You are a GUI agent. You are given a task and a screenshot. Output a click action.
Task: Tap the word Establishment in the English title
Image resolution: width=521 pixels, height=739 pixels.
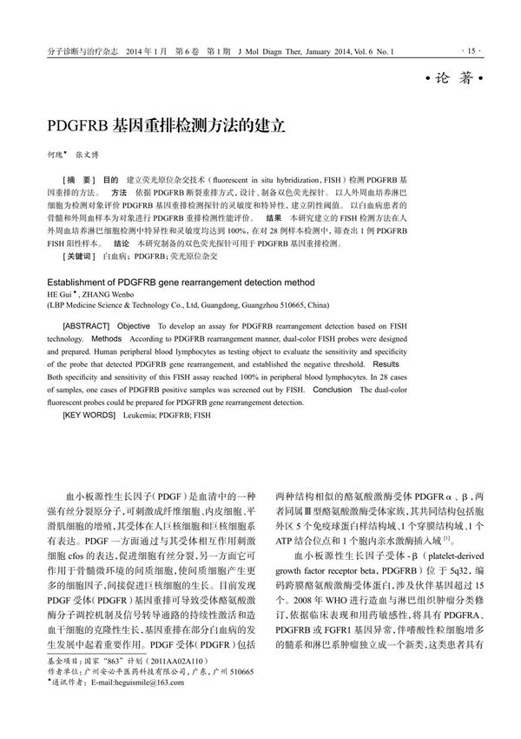tap(83, 283)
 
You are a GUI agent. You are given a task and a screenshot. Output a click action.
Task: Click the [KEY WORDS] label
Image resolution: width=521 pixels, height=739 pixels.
tap(90, 417)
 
